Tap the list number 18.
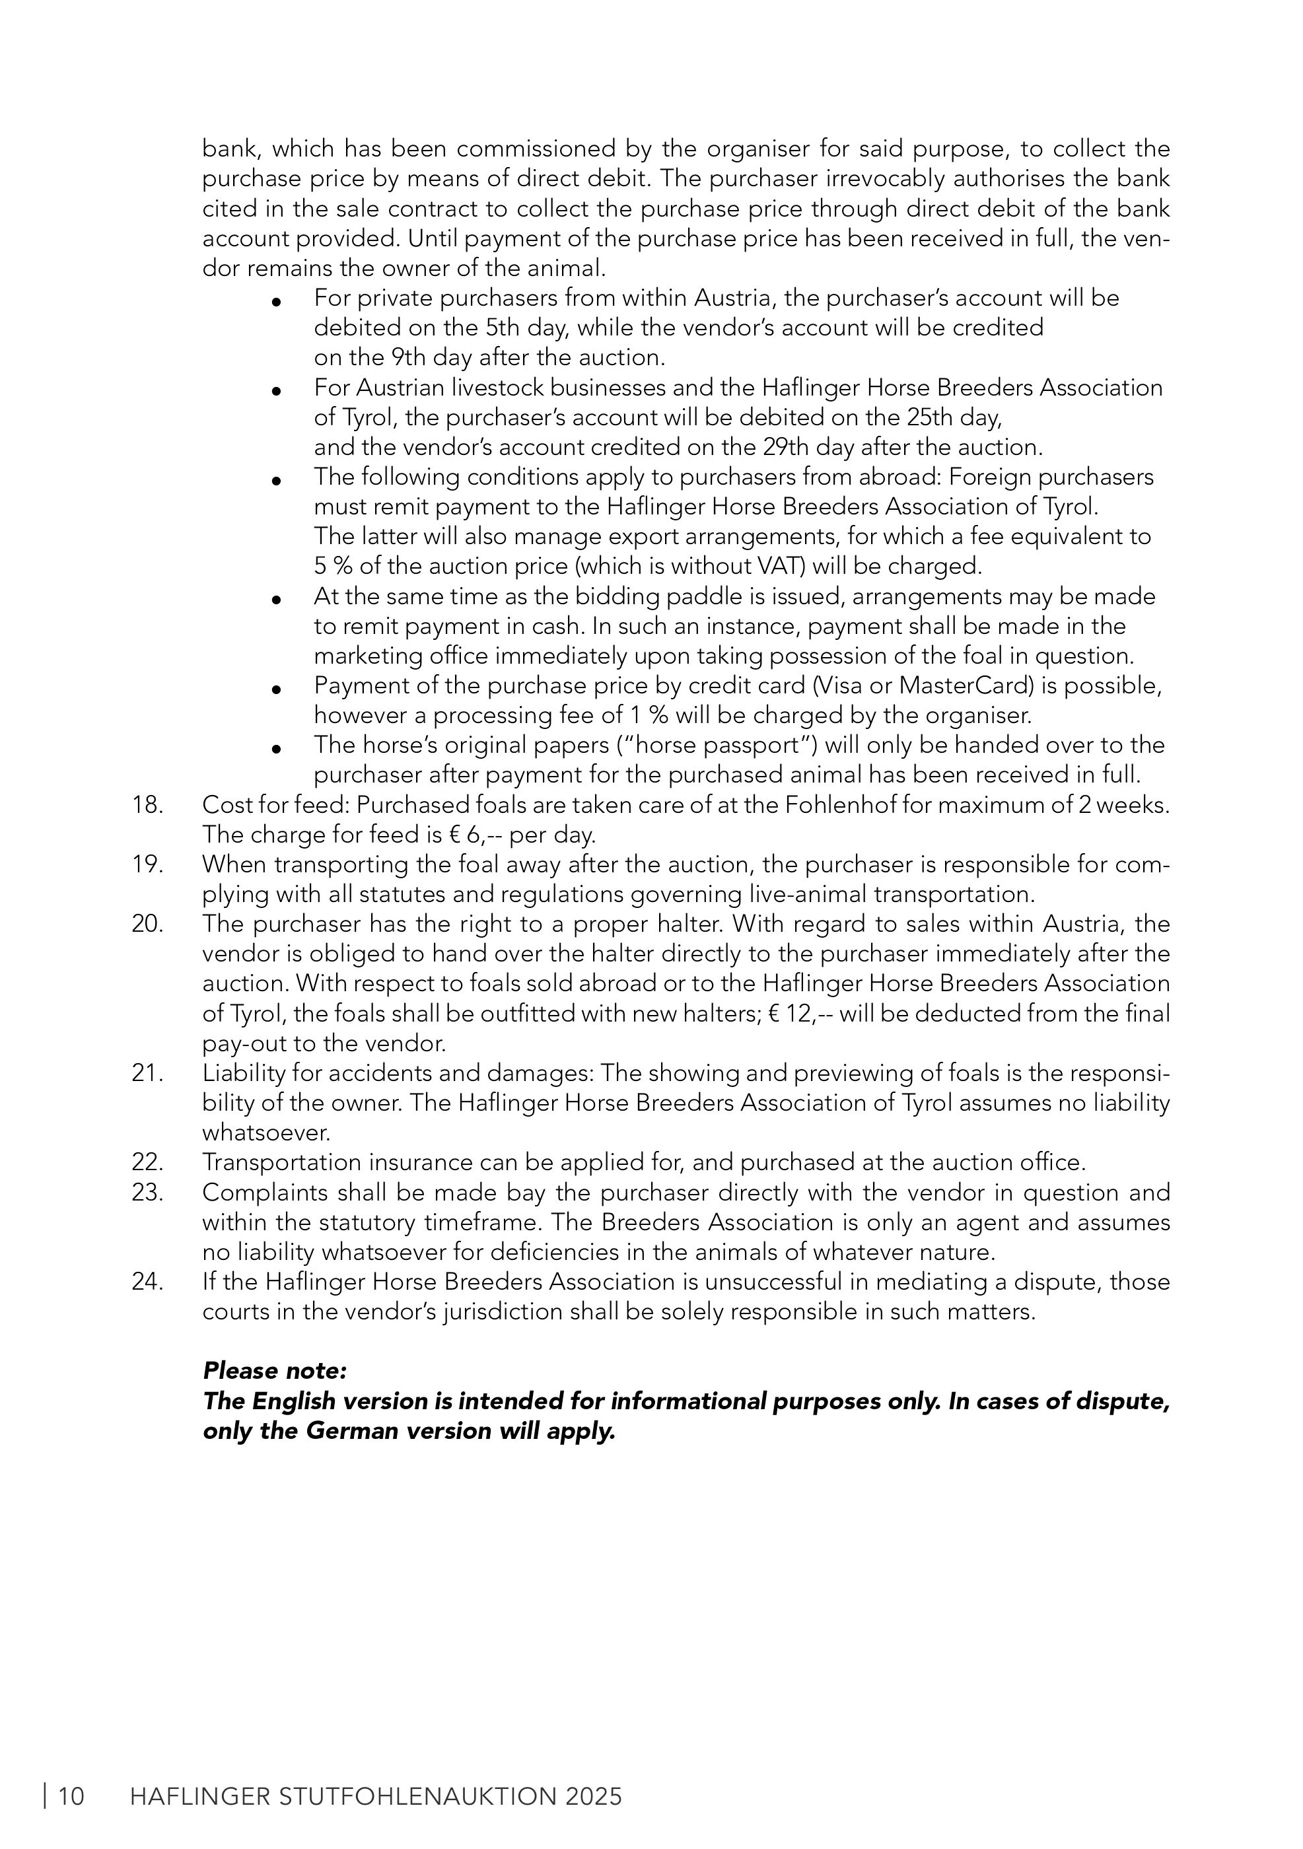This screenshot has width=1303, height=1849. point(147,804)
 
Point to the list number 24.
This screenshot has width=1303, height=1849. point(147,1281)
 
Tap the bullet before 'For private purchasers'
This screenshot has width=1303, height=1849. point(276,302)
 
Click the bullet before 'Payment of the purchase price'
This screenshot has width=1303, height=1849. point(276,689)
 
